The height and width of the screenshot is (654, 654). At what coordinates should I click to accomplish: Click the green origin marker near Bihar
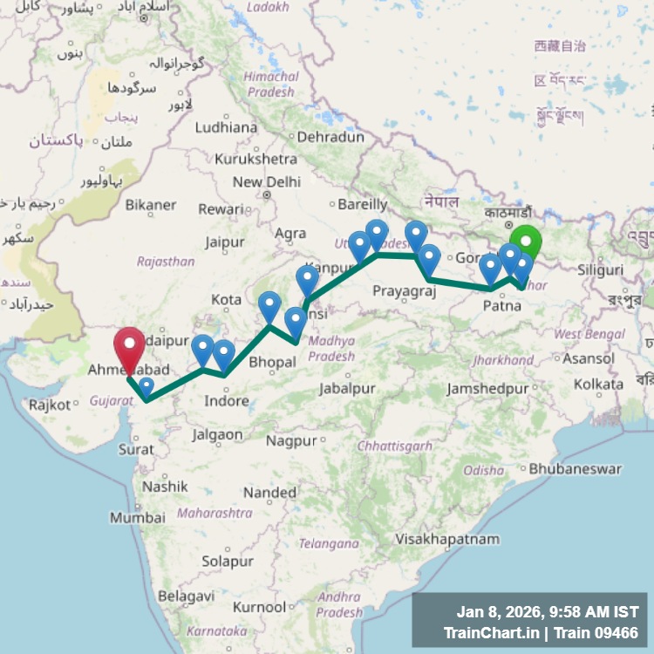526,242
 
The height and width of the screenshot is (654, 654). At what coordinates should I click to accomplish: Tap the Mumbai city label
138,517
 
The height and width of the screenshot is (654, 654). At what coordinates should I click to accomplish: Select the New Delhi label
266,182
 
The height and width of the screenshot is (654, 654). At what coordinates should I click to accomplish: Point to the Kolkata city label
598,384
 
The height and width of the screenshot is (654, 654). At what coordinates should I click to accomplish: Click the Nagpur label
291,440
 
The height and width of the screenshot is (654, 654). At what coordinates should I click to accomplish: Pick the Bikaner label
151,205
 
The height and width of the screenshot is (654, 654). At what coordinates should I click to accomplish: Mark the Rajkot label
49,405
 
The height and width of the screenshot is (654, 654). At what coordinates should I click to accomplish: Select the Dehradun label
330,137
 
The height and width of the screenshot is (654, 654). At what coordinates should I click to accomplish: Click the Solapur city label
227,562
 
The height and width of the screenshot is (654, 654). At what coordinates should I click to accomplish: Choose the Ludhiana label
226,127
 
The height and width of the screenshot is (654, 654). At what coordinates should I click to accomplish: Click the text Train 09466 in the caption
597,632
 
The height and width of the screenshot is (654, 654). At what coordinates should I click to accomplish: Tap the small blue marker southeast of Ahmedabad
146,385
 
